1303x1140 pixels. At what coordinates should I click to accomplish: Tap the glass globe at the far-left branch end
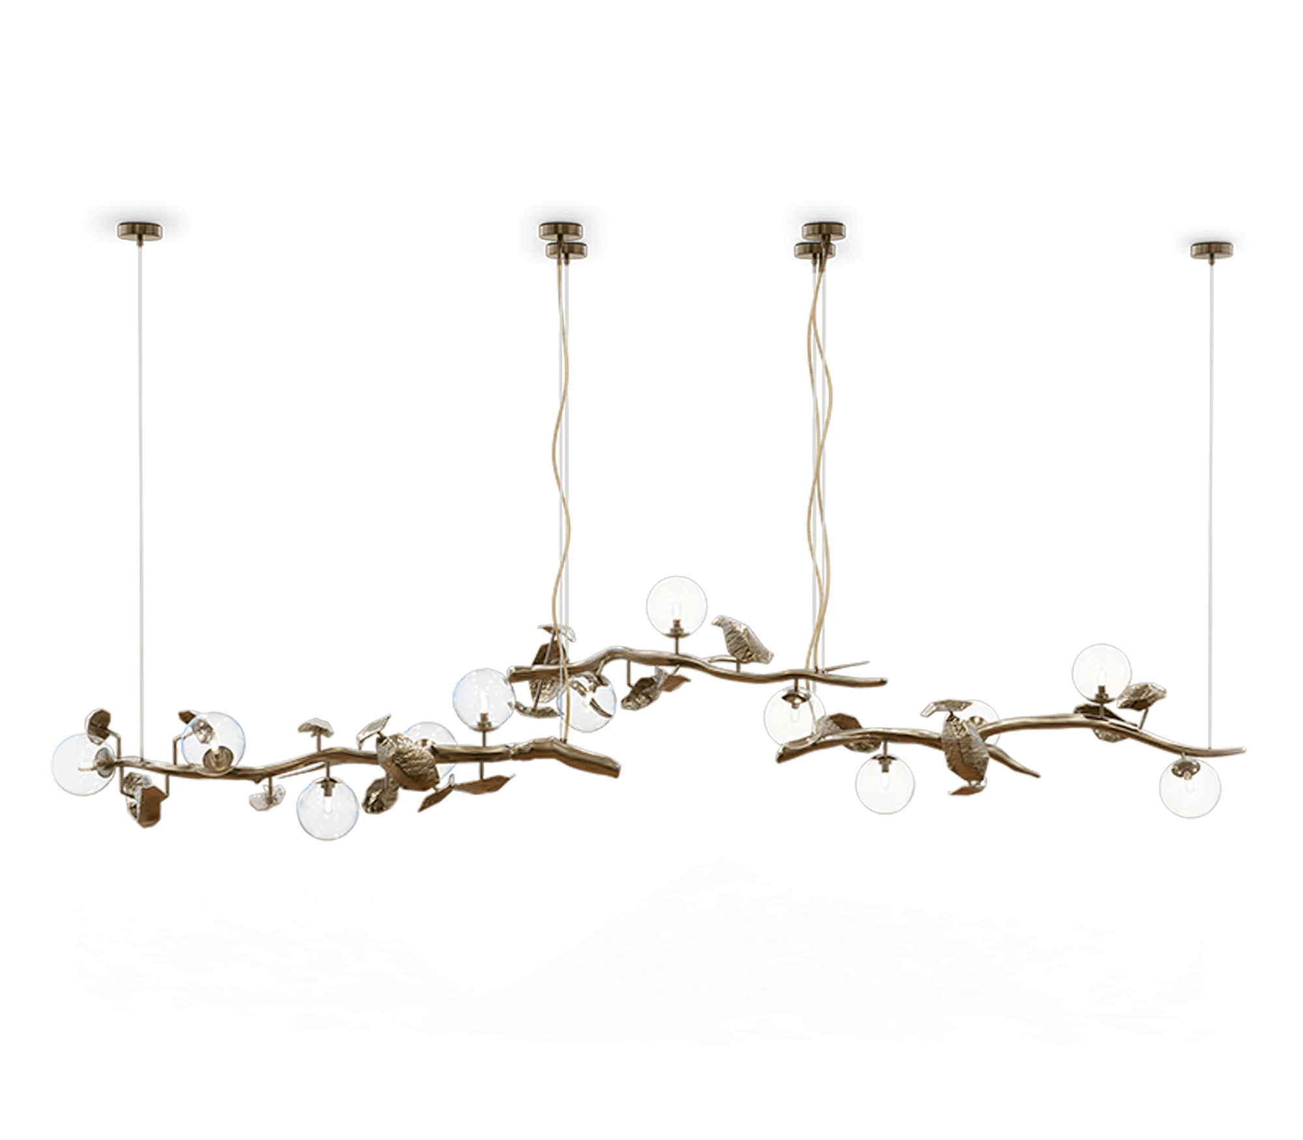tap(81, 763)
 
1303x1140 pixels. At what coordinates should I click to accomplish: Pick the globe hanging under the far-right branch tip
tap(1190, 788)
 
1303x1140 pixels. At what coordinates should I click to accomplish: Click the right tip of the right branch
tap(1243, 749)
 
